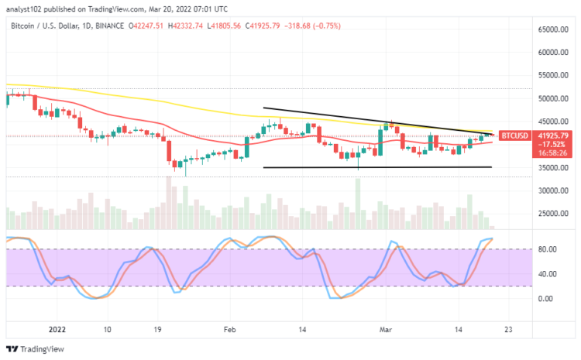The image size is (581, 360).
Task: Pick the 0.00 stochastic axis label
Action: click(x=545, y=299)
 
